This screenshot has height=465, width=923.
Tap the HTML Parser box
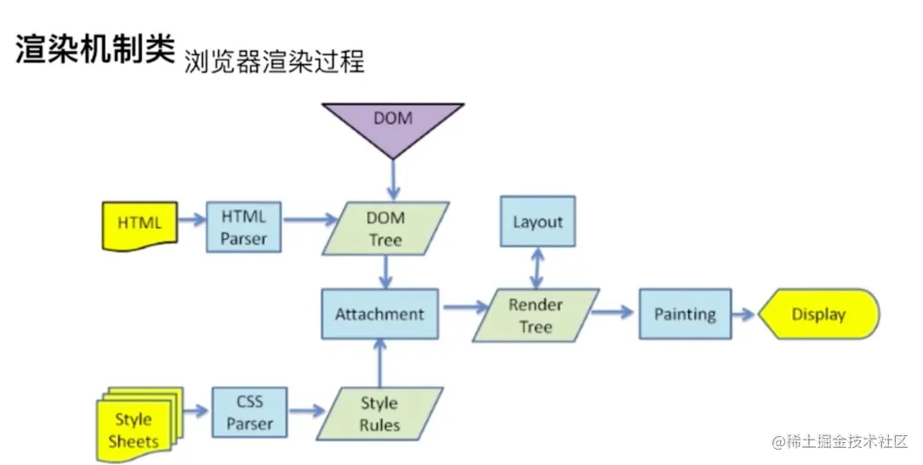(x=243, y=228)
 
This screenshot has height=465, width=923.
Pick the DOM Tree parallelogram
(x=385, y=229)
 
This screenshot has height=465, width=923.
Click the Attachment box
(x=379, y=314)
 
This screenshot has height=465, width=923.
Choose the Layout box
(x=538, y=222)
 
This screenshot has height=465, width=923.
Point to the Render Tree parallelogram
(x=536, y=315)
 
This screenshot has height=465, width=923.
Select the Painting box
(x=685, y=314)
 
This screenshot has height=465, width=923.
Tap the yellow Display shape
(x=819, y=314)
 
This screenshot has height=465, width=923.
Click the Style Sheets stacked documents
(x=139, y=424)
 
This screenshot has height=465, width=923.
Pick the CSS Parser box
(x=249, y=412)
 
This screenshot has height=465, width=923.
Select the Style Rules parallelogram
(x=379, y=414)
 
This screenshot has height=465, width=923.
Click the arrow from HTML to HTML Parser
(x=192, y=220)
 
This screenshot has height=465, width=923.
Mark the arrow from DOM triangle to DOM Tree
(x=393, y=179)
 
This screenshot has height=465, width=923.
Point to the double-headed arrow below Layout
(x=538, y=268)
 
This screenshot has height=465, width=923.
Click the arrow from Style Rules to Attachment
(x=379, y=363)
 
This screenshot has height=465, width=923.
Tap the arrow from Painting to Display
(x=744, y=315)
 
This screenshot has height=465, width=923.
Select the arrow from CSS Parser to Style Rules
(x=307, y=411)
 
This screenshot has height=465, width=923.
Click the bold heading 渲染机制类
(x=95, y=48)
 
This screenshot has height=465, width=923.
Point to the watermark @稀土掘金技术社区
(x=840, y=441)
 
